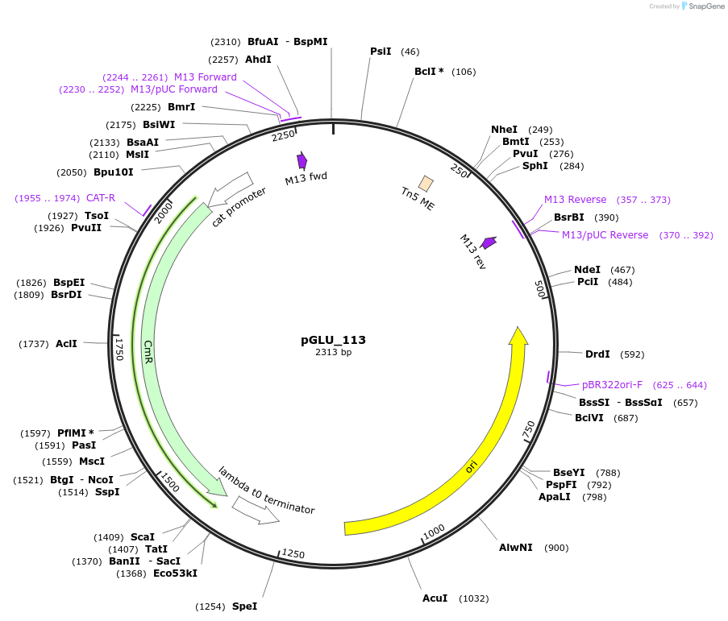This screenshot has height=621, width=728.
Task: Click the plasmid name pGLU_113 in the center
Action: (333, 340)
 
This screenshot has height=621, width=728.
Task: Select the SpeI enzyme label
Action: (244, 606)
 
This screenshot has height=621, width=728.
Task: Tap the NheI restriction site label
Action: (504, 130)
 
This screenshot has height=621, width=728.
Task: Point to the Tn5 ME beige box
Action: (426, 184)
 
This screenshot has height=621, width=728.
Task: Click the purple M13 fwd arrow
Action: (302, 160)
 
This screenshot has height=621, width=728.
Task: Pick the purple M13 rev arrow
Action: (489, 242)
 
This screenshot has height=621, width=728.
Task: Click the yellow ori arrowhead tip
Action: (518, 330)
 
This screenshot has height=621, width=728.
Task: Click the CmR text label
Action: (148, 352)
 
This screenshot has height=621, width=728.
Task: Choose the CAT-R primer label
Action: (101, 197)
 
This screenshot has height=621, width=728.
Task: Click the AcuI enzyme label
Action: (435, 598)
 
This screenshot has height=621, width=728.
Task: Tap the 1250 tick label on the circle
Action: (293, 553)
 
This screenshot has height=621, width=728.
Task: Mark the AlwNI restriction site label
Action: (515, 548)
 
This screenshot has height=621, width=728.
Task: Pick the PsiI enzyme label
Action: (381, 52)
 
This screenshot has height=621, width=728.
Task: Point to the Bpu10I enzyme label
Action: (114, 172)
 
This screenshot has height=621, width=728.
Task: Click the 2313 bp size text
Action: (333, 352)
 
